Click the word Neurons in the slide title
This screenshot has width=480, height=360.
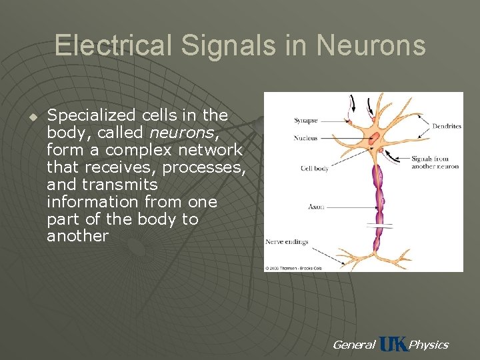point(371,45)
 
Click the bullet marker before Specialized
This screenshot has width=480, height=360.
point(31,116)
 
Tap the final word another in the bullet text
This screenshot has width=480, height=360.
point(77,236)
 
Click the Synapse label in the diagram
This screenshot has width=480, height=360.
point(306,121)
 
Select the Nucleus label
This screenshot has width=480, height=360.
point(306,139)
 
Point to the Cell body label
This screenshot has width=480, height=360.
point(315,169)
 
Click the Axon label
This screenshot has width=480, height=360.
point(316,207)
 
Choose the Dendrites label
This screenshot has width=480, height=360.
point(446,126)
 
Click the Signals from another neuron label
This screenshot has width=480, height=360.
point(435,162)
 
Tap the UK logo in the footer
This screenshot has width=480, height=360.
point(393,344)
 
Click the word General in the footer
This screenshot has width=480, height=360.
point(353,345)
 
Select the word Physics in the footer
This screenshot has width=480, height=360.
point(428,345)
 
